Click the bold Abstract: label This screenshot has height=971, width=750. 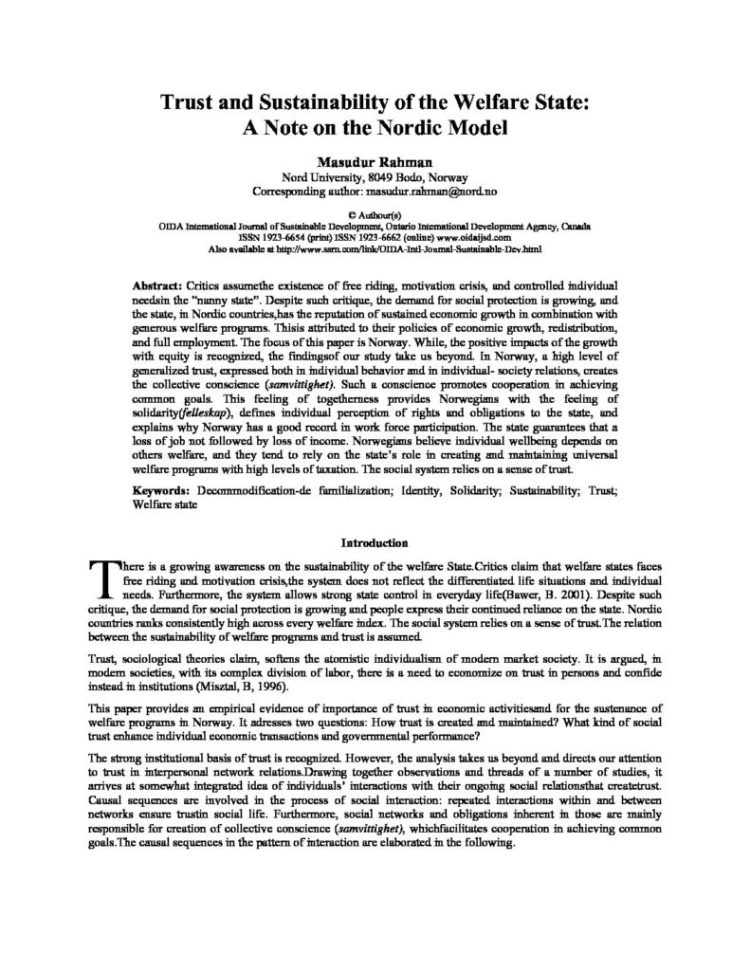(159, 285)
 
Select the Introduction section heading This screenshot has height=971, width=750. (375, 543)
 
